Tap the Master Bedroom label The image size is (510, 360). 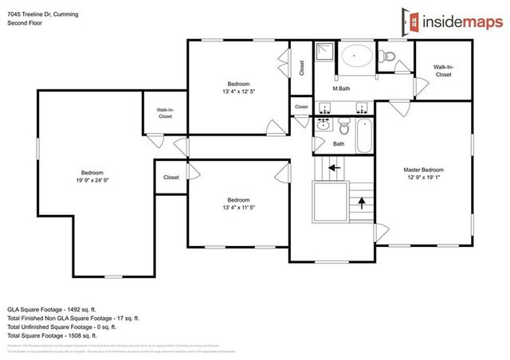pyautogui.click(x=422, y=170)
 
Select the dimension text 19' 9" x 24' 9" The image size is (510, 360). pyautogui.click(x=92, y=180)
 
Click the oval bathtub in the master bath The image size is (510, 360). pyautogui.click(x=355, y=57)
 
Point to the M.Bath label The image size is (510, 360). pyautogui.click(x=341, y=88)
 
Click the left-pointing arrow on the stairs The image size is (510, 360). pyautogui.click(x=335, y=168)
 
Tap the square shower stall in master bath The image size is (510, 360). pyautogui.click(x=324, y=53)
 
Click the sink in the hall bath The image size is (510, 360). pyautogui.click(x=324, y=125)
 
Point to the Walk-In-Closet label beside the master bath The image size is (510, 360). pyautogui.click(x=442, y=71)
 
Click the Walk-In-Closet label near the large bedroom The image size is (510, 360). pyautogui.click(x=165, y=113)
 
